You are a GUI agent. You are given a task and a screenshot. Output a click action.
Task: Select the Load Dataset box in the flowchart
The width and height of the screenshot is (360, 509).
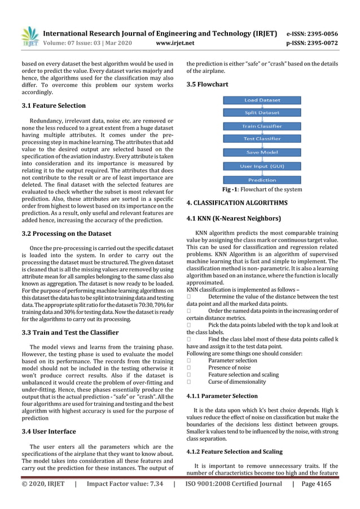[x=262, y=100]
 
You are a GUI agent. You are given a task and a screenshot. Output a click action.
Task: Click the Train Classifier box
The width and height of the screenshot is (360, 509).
[x=262, y=126]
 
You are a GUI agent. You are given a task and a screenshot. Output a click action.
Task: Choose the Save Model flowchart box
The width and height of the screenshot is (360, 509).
[x=262, y=152]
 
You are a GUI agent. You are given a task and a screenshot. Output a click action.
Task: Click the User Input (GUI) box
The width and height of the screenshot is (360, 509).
[x=262, y=166]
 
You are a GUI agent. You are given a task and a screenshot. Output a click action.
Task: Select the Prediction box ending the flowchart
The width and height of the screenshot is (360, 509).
[x=262, y=180]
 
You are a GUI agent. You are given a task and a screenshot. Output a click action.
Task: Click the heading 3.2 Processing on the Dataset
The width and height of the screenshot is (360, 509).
[x=66, y=234]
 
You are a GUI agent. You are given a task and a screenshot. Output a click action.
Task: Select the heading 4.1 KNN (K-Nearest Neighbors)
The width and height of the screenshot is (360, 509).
[x=233, y=218]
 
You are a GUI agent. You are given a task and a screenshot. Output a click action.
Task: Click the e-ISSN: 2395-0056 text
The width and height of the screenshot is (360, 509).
[x=321, y=34]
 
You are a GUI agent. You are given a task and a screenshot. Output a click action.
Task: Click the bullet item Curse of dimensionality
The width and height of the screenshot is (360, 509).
[x=236, y=382]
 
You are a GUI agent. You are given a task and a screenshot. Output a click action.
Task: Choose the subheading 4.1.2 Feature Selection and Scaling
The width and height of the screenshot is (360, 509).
[x=234, y=452]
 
